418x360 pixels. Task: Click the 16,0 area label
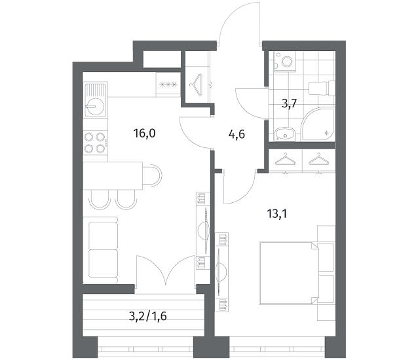coord(144,133)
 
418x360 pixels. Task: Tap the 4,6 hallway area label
coord(237,134)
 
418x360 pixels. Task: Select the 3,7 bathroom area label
coord(289,103)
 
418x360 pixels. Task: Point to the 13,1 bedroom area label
coord(276,213)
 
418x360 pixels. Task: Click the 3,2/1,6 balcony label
coord(147,316)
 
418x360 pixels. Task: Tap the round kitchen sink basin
coord(95,106)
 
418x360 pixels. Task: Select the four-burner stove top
coord(96,143)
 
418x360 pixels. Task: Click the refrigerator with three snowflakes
coord(168,84)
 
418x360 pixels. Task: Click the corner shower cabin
coord(319,124)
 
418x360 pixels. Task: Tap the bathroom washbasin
coord(284,134)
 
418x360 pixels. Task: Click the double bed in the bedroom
coord(288,272)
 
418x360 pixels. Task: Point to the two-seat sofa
coord(100,250)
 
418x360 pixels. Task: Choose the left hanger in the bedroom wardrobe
coord(285,159)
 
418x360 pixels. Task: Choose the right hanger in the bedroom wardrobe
coord(318,159)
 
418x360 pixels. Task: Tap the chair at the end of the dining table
coord(152,175)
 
